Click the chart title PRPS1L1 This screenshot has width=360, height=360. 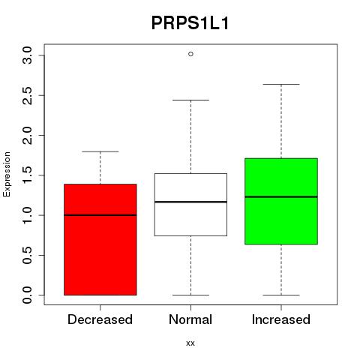click(x=190, y=23)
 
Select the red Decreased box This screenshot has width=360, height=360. click(x=100, y=239)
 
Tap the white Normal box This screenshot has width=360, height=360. click(x=190, y=205)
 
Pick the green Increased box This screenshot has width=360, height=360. click(x=281, y=201)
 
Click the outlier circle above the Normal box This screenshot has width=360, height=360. click(x=190, y=54)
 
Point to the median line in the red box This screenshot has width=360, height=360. click(x=100, y=215)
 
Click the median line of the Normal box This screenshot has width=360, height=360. click(x=190, y=202)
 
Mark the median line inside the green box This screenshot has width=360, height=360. click(x=281, y=196)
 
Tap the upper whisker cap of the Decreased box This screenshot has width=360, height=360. click(x=100, y=151)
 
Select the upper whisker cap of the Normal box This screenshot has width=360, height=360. click(x=190, y=100)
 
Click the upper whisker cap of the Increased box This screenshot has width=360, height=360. click(x=281, y=85)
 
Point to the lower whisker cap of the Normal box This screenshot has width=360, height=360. click(x=190, y=295)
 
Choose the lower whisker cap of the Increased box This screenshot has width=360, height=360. click(x=281, y=295)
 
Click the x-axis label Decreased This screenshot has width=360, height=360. click(x=100, y=319)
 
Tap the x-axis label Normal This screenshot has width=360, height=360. click(x=190, y=319)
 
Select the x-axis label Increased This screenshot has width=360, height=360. click(x=281, y=319)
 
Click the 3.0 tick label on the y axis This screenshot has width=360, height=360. click(x=27, y=55)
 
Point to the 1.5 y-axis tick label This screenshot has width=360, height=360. click(x=27, y=175)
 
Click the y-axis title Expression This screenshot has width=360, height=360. click(x=7, y=174)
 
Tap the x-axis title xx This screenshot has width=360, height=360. click(x=190, y=343)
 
